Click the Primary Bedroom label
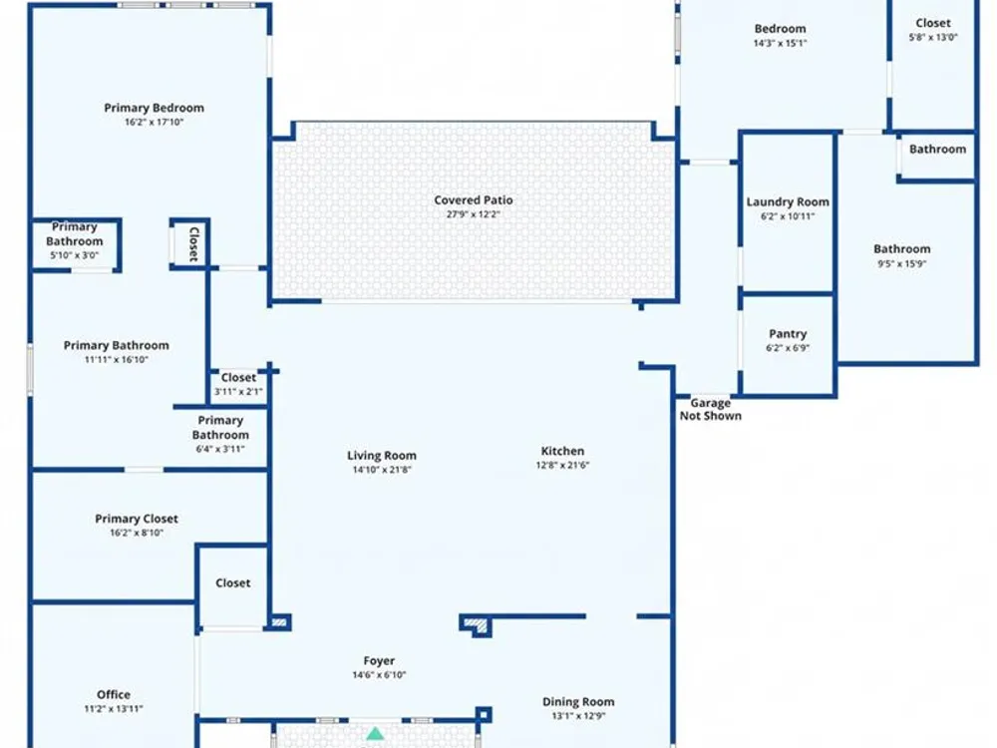[154, 108]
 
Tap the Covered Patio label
[473, 199]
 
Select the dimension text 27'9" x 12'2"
[473, 214]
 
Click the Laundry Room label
[788, 202]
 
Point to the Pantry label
[788, 334]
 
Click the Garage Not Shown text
[710, 409]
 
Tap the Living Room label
[382, 456]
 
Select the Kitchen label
[562, 451]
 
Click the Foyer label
[379, 661]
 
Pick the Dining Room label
[578, 701]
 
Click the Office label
[114, 694]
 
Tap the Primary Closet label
[137, 519]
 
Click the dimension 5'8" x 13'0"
[933, 37]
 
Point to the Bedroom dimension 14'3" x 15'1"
[781, 43]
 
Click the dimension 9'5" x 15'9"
[901, 263]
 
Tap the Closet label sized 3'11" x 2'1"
[238, 377]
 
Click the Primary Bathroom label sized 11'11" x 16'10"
[117, 345]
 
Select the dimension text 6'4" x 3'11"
[220, 449]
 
